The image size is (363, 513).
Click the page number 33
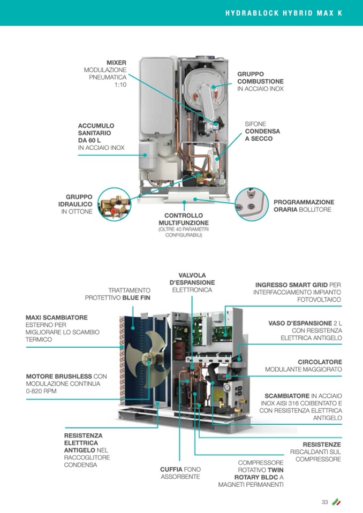pyautogui.click(x=324, y=502)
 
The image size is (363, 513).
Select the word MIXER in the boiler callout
pyautogui.click(x=116, y=63)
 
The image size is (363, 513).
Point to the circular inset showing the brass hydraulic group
pyautogui.click(x=114, y=204)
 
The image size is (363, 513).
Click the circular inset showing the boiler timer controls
pyautogui.click(x=251, y=204)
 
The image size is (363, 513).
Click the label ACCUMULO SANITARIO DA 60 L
pyautogui.click(x=96, y=133)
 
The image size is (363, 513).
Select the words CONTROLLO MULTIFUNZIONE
pyautogui.click(x=183, y=219)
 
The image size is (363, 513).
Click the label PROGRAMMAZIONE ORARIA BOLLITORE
pyautogui.click(x=304, y=205)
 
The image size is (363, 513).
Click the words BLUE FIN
pyautogui.click(x=137, y=297)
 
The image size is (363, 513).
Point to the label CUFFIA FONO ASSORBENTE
pyautogui.click(x=180, y=473)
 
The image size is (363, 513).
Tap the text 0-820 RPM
pyautogui.click(x=41, y=391)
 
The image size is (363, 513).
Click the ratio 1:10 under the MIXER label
pyautogui.click(x=120, y=85)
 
